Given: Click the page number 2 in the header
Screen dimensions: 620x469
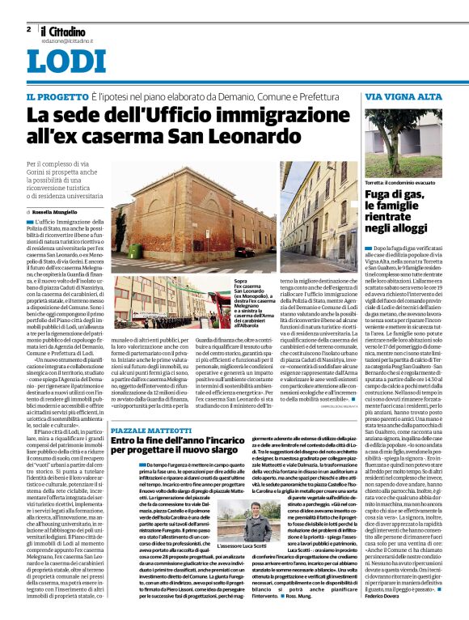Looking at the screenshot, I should (x=28, y=29).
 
